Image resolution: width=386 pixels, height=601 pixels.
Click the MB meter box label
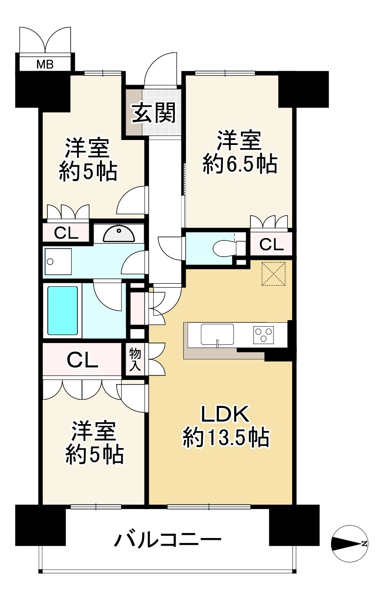[45, 64]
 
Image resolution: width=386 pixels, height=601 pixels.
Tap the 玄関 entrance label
[153, 114]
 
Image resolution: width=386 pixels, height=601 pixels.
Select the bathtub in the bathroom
[63, 310]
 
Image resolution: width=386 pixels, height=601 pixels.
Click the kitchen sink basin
[218, 334]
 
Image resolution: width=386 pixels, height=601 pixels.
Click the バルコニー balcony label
[168, 539]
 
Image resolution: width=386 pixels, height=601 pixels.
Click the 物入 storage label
[135, 360]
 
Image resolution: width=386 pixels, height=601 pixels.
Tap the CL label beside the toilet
[272, 244]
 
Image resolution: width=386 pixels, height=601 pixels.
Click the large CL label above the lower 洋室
[82, 360]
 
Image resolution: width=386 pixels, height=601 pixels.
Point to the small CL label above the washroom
[66, 233]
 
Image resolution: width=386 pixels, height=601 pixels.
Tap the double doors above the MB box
[45, 40]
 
